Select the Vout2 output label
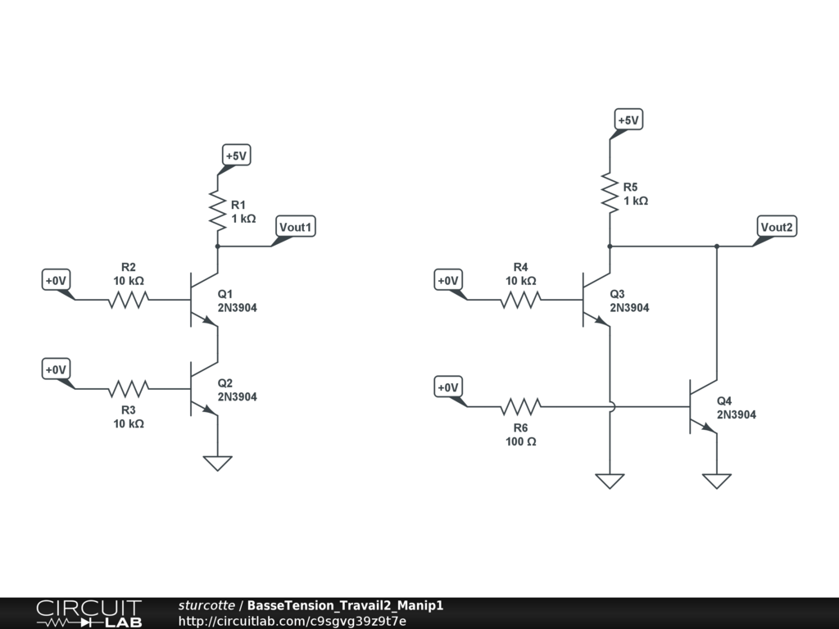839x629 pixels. [x=776, y=227]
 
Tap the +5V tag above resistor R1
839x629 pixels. [x=236, y=155]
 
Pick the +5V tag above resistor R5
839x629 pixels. [x=628, y=120]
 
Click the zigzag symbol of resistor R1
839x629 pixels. [x=217, y=210]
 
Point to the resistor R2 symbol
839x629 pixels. [x=129, y=300]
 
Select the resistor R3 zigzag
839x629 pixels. [x=129, y=388]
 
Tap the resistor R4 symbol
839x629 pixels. [x=520, y=300]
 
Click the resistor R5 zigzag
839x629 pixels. [x=610, y=192]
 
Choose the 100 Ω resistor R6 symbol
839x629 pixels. [x=520, y=406]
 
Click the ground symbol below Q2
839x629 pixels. [x=217, y=463]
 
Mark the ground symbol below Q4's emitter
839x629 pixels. [x=717, y=481]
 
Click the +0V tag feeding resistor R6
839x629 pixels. [x=447, y=387]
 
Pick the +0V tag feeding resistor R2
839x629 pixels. [x=56, y=281]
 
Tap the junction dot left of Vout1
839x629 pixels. [x=217, y=246]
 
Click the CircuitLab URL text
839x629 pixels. [x=292, y=621]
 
